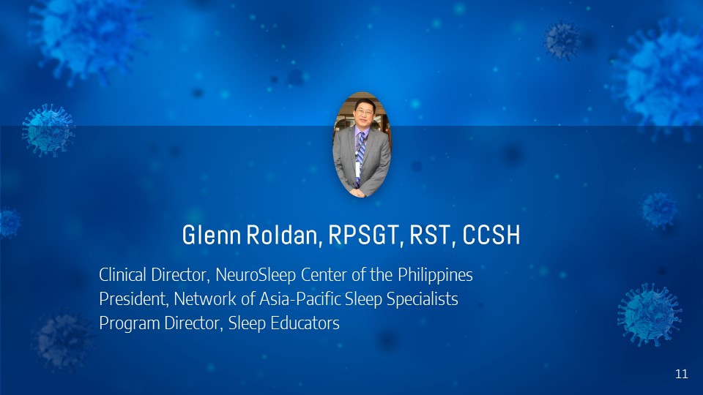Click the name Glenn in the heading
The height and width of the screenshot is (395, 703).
pos(211,235)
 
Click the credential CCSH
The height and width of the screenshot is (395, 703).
pos(491,235)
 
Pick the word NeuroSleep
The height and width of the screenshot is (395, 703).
pos(256,275)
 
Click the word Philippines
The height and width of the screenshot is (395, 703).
pos(435,275)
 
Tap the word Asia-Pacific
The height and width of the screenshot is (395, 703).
pos(300,298)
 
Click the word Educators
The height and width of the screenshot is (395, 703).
pos(305,323)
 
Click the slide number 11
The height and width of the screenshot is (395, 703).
pos(682,374)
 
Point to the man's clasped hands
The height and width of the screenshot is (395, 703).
pos(357,192)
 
